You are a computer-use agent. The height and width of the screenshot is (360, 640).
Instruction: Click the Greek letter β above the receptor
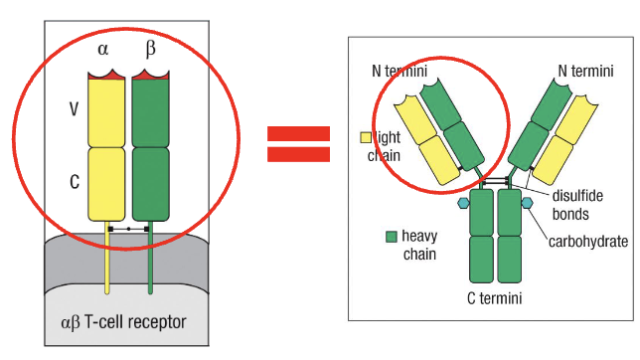(x=150, y=48)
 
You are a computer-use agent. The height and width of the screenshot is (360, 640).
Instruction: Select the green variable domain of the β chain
(x=151, y=111)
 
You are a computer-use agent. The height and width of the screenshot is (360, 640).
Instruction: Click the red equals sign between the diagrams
(x=298, y=144)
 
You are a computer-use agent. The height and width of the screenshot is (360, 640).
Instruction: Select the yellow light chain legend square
(x=365, y=137)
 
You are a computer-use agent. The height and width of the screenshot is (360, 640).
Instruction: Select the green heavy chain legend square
(x=392, y=237)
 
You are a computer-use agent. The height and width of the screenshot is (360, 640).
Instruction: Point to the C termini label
(x=496, y=297)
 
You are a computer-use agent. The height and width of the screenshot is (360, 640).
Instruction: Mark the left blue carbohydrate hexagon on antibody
(x=462, y=203)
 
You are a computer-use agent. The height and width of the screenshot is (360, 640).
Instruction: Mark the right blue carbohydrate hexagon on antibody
(x=528, y=203)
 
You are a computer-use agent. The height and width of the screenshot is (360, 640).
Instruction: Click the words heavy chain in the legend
(x=419, y=246)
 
